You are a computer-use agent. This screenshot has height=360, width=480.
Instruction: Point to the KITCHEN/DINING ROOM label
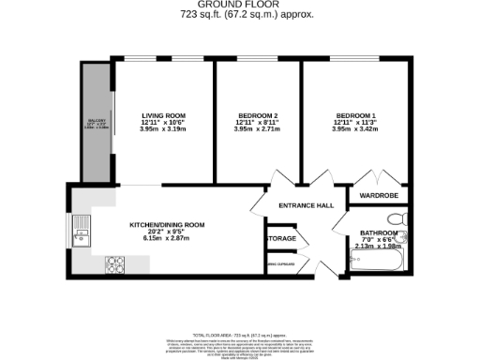(x=167, y=225)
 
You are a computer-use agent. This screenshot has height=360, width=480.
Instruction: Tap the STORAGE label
(x=281, y=239)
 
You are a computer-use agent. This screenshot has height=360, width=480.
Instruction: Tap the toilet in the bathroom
(x=397, y=217)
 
